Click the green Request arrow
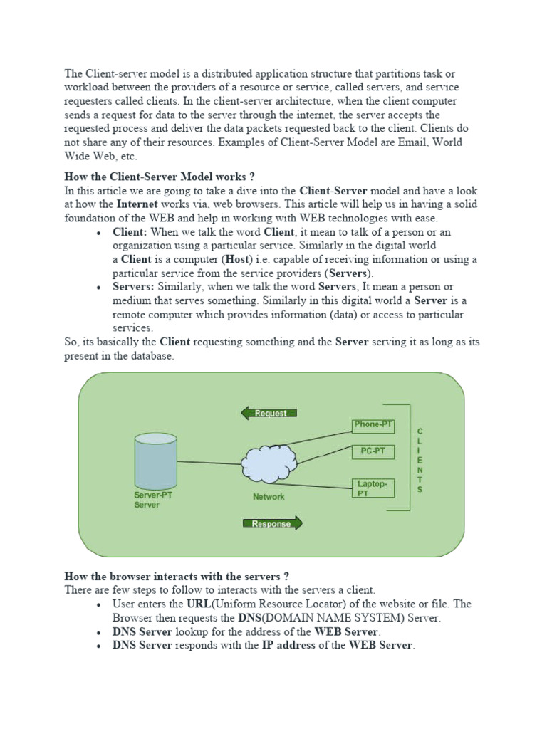coord(269,413)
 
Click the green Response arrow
coord(273,524)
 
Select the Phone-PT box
coord(373,425)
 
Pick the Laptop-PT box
coord(373,488)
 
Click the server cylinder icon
coord(156,461)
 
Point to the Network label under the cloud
coord(269,497)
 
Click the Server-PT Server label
coord(152,500)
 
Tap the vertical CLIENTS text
coord(420,461)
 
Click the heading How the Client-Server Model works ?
coord(160,177)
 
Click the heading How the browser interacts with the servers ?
coord(177,576)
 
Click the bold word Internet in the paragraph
coord(140,204)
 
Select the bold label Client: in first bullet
coord(129,232)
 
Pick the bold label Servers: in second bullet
coord(133,287)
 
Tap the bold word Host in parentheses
coord(238,259)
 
